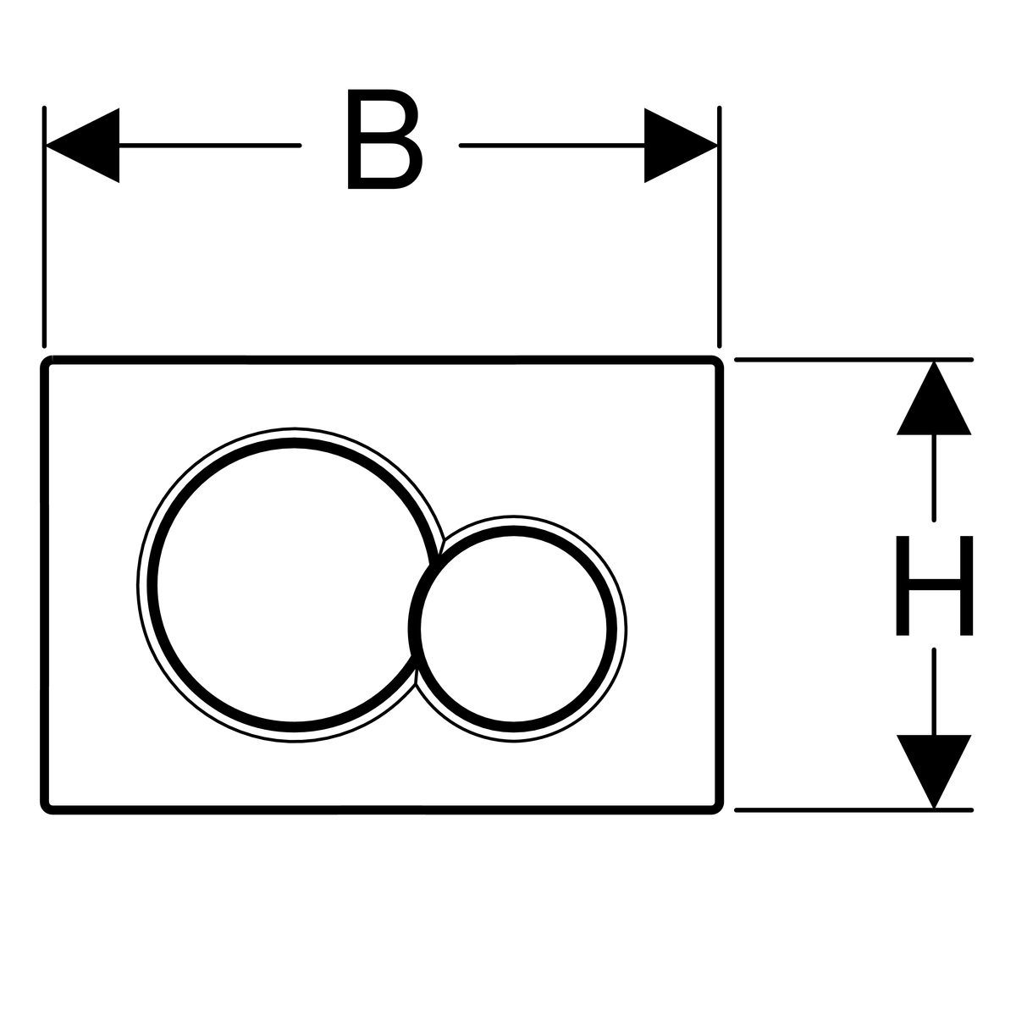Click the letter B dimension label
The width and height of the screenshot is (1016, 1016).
(x=384, y=141)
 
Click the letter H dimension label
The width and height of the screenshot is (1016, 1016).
(x=934, y=585)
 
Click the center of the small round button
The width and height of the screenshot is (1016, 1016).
(x=513, y=628)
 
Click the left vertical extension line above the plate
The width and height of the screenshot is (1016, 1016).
(x=44, y=254)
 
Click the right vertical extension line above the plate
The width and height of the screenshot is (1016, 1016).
(x=719, y=254)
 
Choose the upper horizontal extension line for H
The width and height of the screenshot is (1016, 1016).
(x=847, y=360)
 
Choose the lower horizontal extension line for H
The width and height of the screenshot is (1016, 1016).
(x=847, y=810)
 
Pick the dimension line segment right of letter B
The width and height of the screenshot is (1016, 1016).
(x=550, y=146)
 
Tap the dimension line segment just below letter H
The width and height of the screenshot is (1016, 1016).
(x=934, y=690)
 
